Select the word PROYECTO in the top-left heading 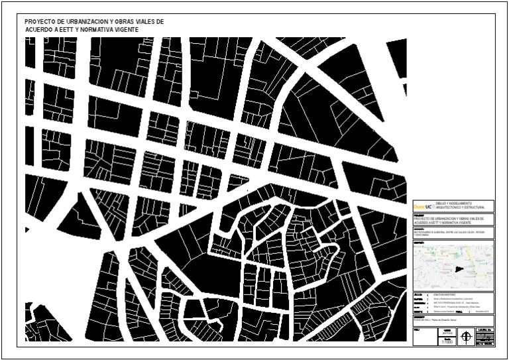(39, 22)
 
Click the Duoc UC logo (424, 206)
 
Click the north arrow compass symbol (468, 337)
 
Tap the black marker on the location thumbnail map (459, 269)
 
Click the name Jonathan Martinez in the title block (440, 294)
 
